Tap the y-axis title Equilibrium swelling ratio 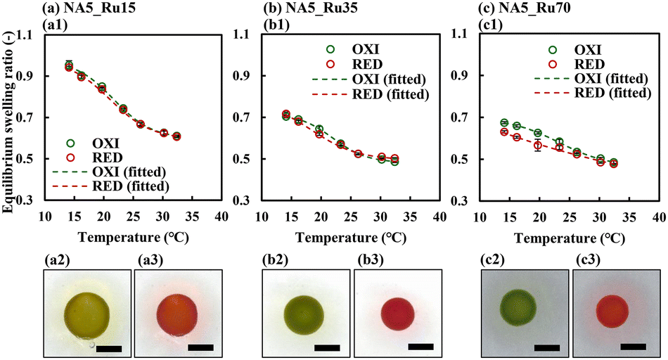(x=8, y=115)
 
